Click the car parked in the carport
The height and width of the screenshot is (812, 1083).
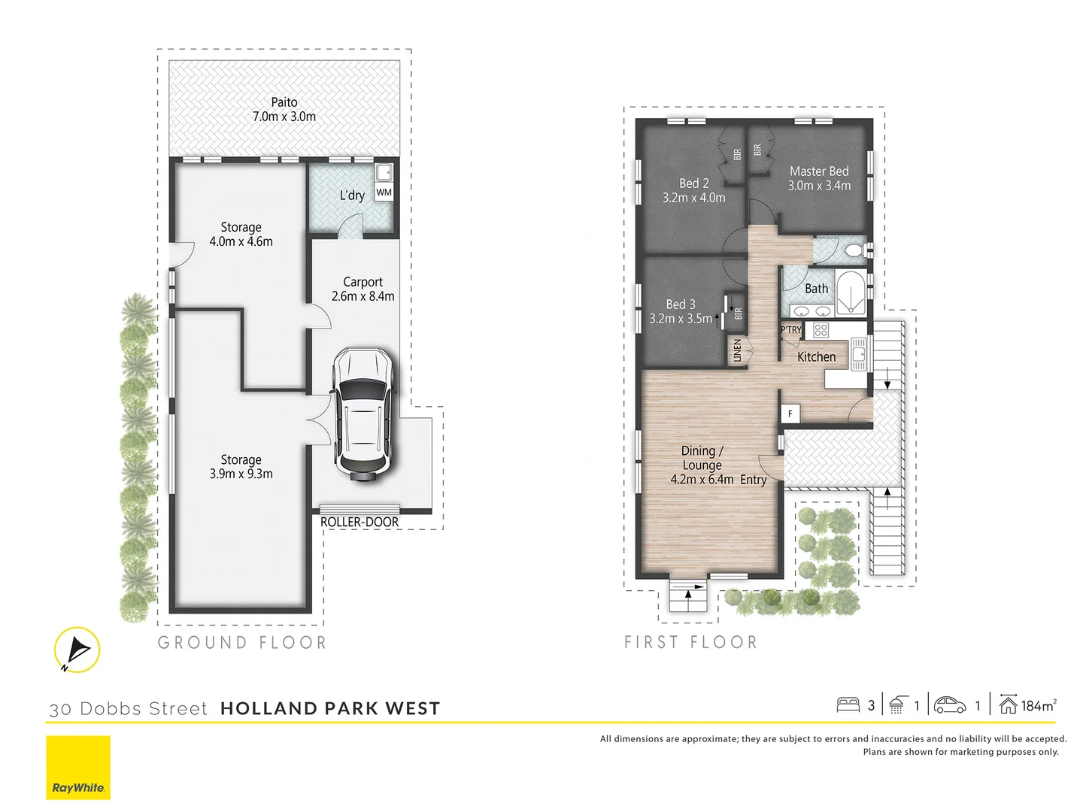pos(363,413)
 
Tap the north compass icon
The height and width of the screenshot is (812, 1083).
pos(77,650)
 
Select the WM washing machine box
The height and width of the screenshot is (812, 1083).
pos(384,192)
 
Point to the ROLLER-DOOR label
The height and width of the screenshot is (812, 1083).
pos(359,522)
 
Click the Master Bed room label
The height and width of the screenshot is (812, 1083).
pos(819,171)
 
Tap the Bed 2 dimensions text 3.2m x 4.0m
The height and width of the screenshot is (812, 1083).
pos(693,198)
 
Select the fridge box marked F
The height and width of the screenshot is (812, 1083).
pos(790,414)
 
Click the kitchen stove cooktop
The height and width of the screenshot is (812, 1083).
pos(821,330)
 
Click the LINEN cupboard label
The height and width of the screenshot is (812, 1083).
pos(737,350)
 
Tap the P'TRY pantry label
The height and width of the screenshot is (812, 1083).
pos(790,330)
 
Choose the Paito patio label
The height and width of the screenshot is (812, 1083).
pos(284,102)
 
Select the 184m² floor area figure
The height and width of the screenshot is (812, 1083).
pos(1038,705)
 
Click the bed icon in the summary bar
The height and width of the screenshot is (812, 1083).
pos(848,705)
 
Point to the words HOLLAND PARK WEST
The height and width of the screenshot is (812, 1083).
pos(330,708)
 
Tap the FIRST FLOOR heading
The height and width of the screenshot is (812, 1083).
pos(690,642)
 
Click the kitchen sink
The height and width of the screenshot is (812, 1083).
pos(858,353)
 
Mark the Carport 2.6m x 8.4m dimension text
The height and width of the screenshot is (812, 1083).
pos(363,296)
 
